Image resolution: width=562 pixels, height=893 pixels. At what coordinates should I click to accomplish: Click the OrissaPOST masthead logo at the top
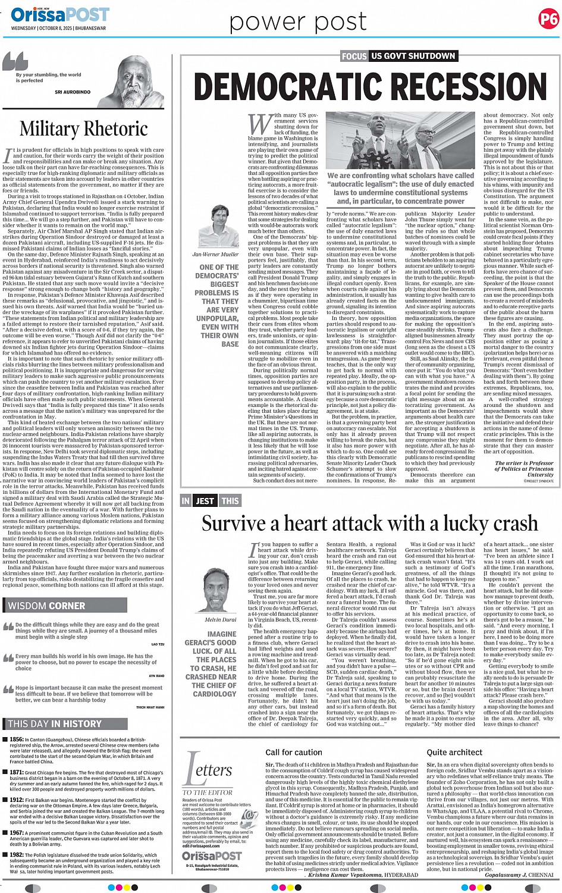point(59,14)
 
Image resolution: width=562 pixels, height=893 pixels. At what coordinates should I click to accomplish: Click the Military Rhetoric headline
point(84,129)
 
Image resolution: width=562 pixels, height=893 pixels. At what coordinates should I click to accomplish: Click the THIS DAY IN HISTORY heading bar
point(54,723)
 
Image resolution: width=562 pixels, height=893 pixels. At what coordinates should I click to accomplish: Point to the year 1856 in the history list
point(17,740)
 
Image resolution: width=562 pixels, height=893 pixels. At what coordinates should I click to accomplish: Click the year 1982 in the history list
point(17,855)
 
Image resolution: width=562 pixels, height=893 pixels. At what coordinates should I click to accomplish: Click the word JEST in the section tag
point(205,501)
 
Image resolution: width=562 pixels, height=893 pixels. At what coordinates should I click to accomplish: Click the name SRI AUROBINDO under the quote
point(73,92)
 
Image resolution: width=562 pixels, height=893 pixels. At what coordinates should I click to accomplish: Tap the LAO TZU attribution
point(158,644)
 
